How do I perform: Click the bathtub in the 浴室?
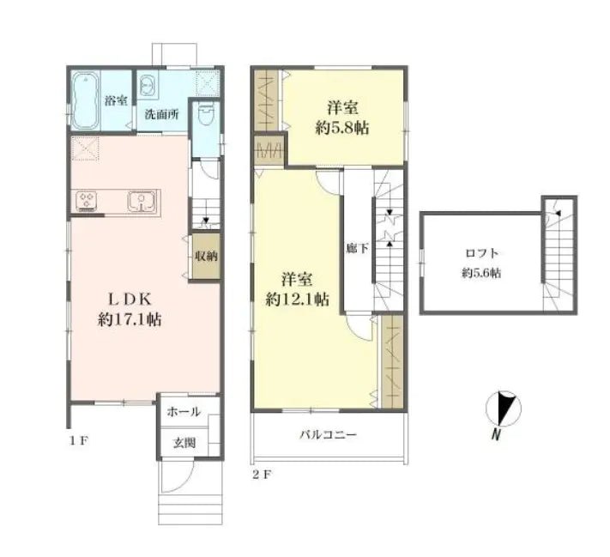click(x=84, y=98)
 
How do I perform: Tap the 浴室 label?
click(x=116, y=100)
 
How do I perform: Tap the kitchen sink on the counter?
click(x=141, y=202)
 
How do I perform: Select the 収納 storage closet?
click(x=205, y=256)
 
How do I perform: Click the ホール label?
click(x=184, y=412)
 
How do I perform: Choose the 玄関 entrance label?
click(x=184, y=443)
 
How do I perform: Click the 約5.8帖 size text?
click(x=342, y=129)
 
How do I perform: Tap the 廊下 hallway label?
click(x=352, y=248)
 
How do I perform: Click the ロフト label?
click(x=481, y=252)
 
